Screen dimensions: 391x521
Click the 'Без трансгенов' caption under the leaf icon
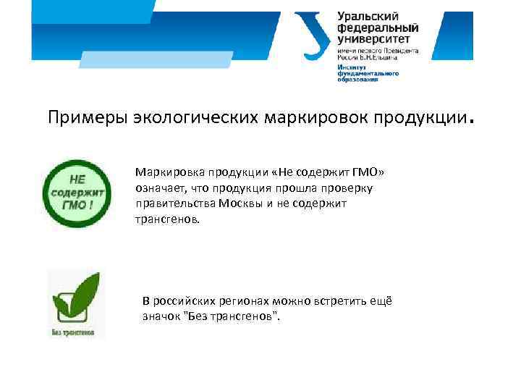tap(72, 332)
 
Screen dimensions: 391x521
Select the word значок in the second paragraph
tap(160, 316)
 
